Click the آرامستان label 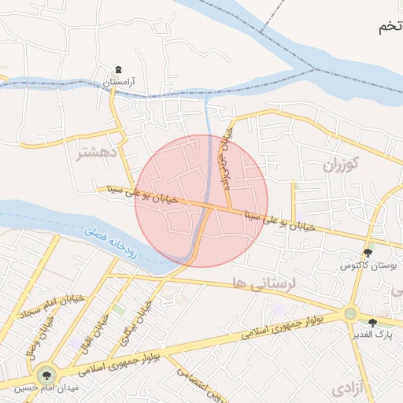click(122, 81)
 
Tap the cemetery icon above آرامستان click(118, 70)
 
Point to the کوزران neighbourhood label click(340, 165)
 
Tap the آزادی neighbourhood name click(349, 388)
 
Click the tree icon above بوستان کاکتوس click(368, 253)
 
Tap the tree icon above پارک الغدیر click(372, 322)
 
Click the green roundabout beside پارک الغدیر click(349, 314)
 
